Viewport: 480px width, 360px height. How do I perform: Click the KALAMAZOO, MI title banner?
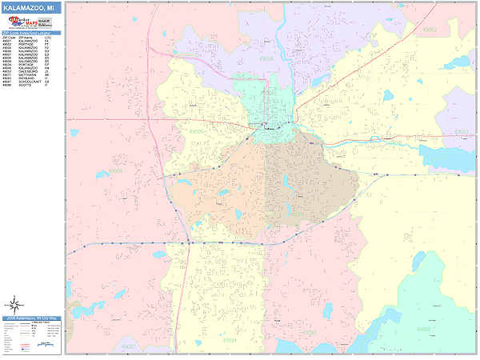click(x=31, y=7)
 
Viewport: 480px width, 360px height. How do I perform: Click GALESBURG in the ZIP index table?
click(x=27, y=71)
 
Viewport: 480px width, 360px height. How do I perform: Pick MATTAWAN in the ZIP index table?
click(x=27, y=74)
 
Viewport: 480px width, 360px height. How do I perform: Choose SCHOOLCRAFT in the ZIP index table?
click(x=30, y=81)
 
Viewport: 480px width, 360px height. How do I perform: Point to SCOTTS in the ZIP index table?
click(x=25, y=85)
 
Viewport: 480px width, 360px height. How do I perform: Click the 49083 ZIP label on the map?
click(x=430, y=30)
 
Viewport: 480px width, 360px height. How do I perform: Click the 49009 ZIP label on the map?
click(x=116, y=170)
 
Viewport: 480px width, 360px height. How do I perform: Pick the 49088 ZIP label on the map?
click(x=423, y=329)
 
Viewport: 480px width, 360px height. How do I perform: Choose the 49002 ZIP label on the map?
click(x=310, y=332)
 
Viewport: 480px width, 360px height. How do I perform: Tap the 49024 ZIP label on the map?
click(x=230, y=340)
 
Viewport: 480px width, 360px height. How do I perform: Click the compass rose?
click(x=14, y=304)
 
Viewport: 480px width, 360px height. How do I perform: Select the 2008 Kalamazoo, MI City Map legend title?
click(x=31, y=318)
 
